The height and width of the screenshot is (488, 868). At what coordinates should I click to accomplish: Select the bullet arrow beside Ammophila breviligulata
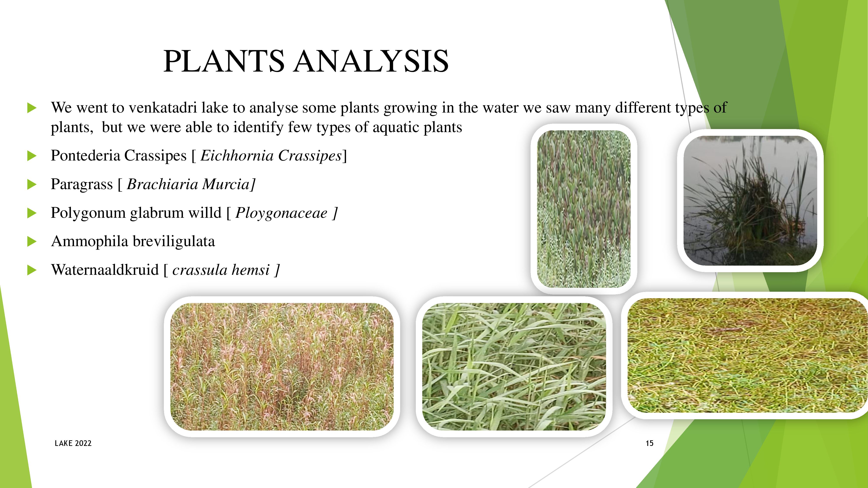coord(32,241)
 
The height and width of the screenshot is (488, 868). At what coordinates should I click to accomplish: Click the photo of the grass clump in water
coord(750,201)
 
